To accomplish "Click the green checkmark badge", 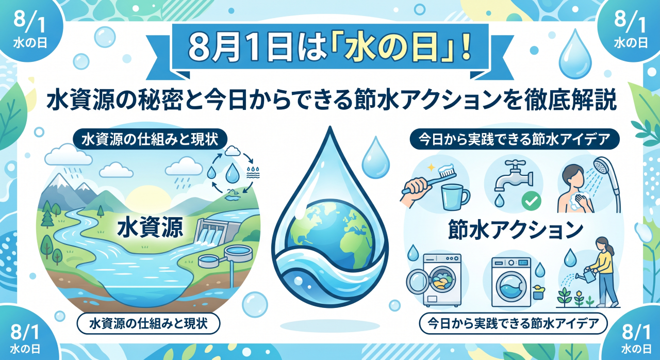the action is click(531, 201).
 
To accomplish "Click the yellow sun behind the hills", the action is click(148, 198).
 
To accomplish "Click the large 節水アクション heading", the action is click(516, 230).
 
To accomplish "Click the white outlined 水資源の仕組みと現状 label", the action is click(148, 323).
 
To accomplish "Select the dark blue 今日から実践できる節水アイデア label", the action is click(515, 139).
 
